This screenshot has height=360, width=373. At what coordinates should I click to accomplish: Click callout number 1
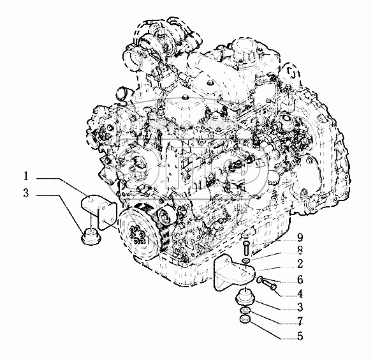click(26, 176)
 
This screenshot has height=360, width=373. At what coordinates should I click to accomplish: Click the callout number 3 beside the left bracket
click(26, 193)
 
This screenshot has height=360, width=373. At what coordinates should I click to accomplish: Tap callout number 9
click(300, 237)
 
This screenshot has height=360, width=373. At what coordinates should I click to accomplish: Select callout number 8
click(300, 250)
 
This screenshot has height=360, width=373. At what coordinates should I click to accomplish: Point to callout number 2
click(300, 264)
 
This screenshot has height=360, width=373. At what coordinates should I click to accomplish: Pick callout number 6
click(300, 280)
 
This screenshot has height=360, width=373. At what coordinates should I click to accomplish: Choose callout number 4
click(300, 294)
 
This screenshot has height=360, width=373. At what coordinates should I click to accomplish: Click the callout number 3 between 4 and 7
click(300, 308)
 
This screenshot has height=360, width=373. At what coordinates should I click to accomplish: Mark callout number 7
click(300, 322)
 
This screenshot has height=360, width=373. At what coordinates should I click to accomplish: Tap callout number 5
click(300, 336)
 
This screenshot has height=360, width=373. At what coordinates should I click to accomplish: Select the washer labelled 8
click(246, 260)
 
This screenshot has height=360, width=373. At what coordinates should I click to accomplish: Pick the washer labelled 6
click(260, 279)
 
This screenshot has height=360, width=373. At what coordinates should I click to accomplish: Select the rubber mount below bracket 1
click(91, 236)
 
